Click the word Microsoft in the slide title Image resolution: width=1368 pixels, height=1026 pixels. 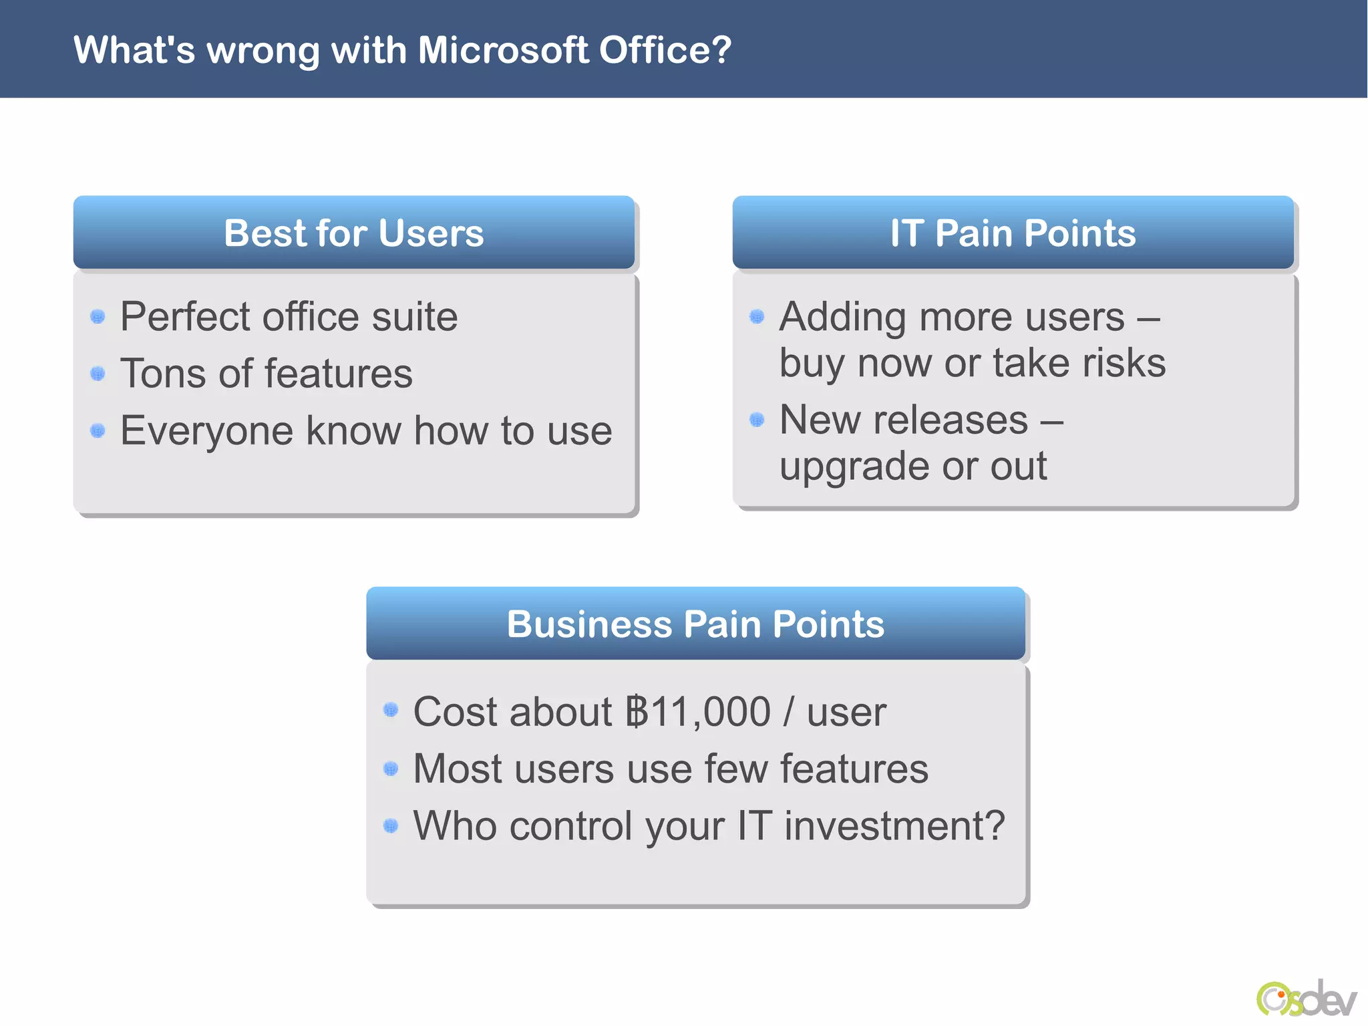coord(503,50)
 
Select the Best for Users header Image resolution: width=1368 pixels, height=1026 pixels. coord(353,233)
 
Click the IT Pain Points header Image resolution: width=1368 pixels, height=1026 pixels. coord(1013,233)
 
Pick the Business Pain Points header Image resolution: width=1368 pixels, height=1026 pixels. coord(695,624)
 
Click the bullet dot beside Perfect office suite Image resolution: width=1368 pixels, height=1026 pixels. coord(98,316)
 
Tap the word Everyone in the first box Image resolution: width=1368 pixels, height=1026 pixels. coord(206,431)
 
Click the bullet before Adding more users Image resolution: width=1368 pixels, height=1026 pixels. coord(757,316)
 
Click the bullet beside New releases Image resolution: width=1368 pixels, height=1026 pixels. coord(757,420)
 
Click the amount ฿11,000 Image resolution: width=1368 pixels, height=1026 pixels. coord(697,712)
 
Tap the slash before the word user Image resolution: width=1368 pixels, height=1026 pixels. coord(789,712)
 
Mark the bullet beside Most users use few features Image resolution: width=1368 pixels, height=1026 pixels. coord(391,769)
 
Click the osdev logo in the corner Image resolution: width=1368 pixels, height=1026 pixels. coord(1306,998)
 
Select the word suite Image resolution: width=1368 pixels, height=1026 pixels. coord(414,316)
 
